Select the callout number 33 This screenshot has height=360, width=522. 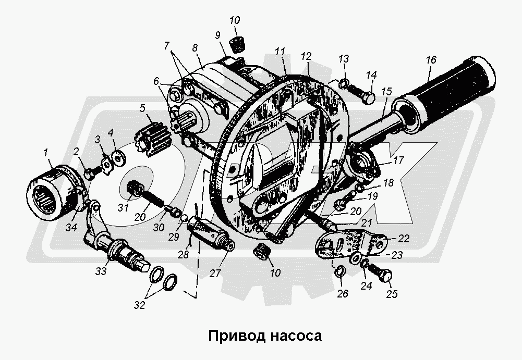pyautogui.click(x=101, y=271)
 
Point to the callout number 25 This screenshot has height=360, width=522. pyautogui.click(x=392, y=294)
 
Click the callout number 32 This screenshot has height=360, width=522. pyautogui.click(x=140, y=305)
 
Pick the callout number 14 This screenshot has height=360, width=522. pyautogui.click(x=371, y=75)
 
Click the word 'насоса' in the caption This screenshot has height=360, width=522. pyautogui.click(x=296, y=336)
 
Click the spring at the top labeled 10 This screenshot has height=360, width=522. pyautogui.click(x=238, y=45)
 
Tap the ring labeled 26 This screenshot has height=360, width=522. pyautogui.click(x=339, y=271)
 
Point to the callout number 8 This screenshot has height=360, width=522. pyautogui.click(x=195, y=47)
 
